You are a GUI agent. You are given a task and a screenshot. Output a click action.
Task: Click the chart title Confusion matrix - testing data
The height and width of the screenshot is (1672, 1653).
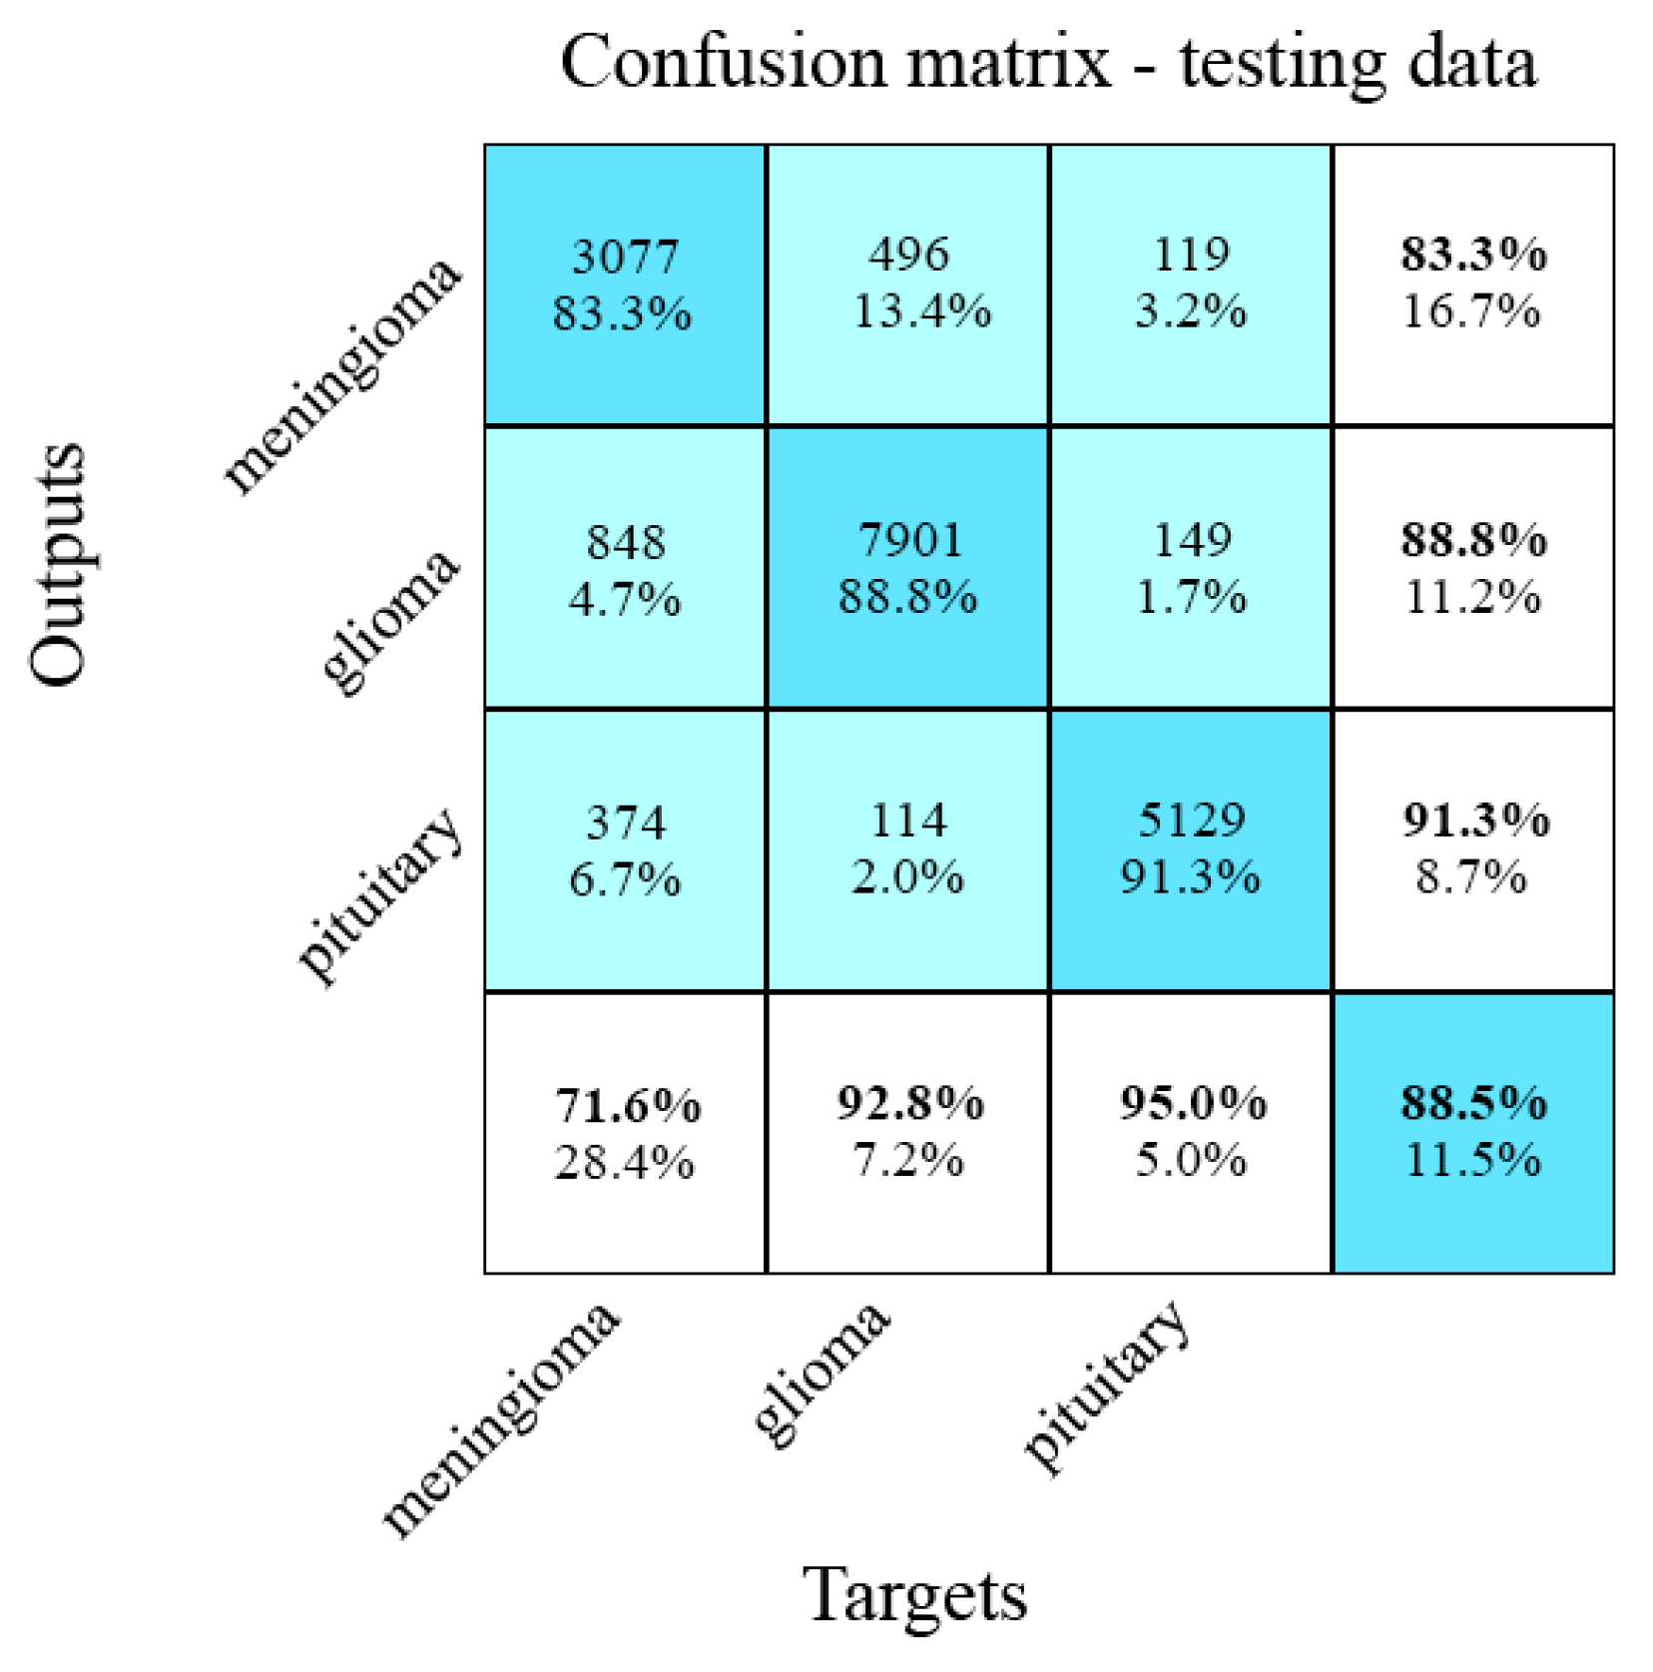click(1048, 62)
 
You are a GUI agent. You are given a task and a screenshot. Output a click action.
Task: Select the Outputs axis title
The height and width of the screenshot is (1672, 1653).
click(57, 565)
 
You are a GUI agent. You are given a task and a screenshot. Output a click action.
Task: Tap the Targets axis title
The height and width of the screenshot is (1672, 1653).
click(914, 1594)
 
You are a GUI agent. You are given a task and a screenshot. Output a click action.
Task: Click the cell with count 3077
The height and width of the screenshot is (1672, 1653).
click(625, 284)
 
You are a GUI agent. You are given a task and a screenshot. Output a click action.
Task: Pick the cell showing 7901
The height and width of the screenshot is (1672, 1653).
click(907, 568)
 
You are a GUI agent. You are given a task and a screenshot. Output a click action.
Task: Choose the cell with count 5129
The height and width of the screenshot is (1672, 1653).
click(1190, 850)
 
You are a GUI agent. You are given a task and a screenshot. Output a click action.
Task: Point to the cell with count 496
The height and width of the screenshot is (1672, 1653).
click(907, 284)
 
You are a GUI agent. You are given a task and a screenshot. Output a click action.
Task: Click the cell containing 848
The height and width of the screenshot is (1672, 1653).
click(625, 568)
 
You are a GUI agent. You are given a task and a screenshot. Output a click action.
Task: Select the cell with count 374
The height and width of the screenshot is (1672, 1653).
click(625, 850)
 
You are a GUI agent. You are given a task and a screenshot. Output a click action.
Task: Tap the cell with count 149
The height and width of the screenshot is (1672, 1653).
click(1190, 568)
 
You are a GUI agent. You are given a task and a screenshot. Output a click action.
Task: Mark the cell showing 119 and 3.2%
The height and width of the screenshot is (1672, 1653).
click(1190, 284)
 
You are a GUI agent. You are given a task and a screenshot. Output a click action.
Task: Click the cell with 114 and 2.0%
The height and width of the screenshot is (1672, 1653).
click(907, 850)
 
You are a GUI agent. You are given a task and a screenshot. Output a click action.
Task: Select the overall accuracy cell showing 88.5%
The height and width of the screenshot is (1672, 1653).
click(1473, 1133)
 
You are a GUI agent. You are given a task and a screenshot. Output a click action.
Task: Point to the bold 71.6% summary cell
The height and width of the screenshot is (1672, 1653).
click(625, 1133)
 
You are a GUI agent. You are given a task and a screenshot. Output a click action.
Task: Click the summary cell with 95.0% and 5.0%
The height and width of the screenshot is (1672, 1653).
click(1190, 1133)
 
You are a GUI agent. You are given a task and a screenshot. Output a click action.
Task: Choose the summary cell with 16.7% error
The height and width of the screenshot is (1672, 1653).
click(1473, 284)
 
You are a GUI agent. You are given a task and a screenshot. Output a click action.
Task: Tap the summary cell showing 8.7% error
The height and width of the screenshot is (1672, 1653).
click(1473, 850)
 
